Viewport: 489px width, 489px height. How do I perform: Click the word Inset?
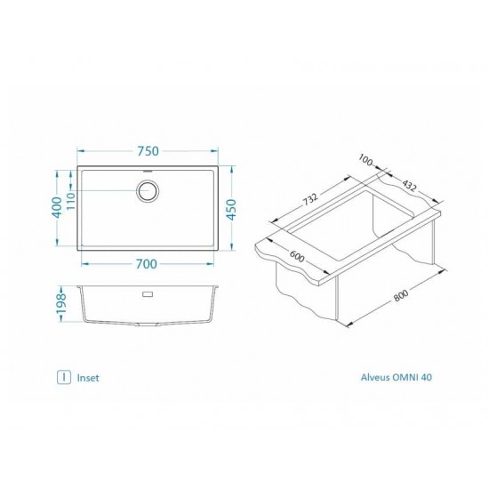click(x=89, y=377)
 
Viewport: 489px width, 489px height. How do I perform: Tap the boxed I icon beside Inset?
click(x=64, y=377)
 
